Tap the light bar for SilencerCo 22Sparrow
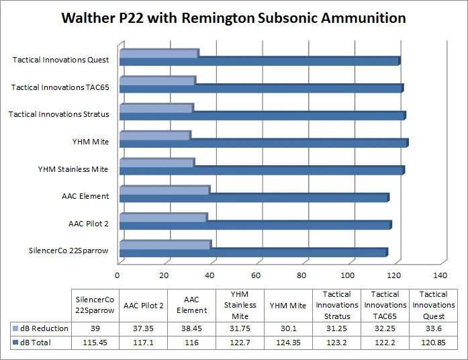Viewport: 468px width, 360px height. coord(165,244)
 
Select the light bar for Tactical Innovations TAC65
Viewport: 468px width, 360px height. coord(157,81)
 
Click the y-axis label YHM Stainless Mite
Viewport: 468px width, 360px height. coord(73,169)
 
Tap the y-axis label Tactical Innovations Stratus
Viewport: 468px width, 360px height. coord(58,114)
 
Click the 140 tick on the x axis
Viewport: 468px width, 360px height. coord(440,275)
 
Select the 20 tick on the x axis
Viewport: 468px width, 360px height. coord(164,275)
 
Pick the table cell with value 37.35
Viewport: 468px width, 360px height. coord(144,328)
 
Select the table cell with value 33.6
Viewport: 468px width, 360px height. coord(433,328)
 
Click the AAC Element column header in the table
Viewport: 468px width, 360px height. coord(191,306)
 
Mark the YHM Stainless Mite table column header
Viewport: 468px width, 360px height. coord(240,306)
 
